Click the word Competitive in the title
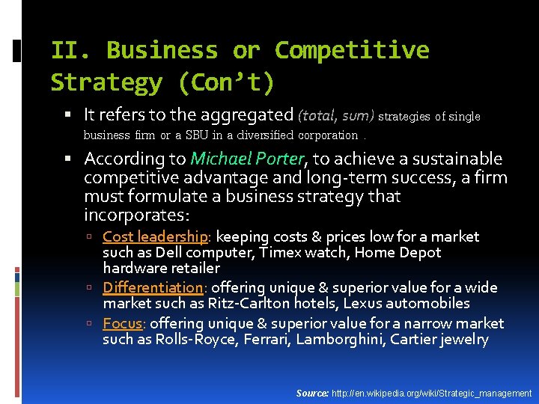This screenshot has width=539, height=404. [x=352, y=50]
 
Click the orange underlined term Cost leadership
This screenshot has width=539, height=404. [x=155, y=236]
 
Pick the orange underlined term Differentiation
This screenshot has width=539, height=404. [x=153, y=287]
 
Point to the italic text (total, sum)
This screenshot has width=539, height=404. [x=335, y=115]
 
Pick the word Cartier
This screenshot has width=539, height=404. [x=424, y=340]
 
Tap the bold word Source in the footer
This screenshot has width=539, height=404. [x=311, y=393]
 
